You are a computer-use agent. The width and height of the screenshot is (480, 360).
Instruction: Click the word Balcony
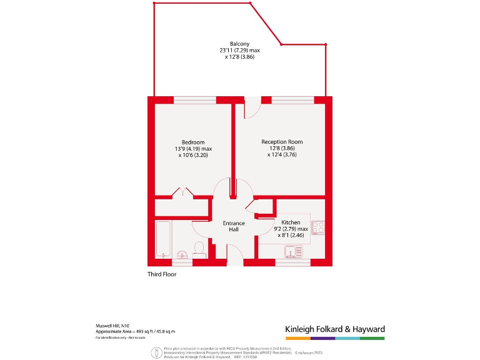pyautogui.click(x=240, y=44)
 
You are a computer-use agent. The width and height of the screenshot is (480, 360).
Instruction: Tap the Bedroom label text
pyautogui.click(x=193, y=142)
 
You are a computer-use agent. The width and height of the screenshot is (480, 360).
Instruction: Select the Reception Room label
pyautogui.click(x=282, y=142)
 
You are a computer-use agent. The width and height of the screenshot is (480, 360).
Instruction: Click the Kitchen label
pyautogui.click(x=291, y=222)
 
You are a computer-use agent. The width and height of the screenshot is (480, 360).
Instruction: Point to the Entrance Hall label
pyautogui.click(x=234, y=226)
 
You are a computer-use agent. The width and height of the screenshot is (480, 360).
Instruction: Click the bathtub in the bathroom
pyautogui.click(x=162, y=239)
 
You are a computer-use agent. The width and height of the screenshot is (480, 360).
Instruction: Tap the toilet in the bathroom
pyautogui.click(x=199, y=249)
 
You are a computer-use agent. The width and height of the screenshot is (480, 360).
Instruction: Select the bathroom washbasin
pyautogui.click(x=182, y=254)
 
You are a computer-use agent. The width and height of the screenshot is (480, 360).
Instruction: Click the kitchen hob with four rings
pyautogui.click(x=317, y=227)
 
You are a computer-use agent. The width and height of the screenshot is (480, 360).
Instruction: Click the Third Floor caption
pyautogui.click(x=162, y=274)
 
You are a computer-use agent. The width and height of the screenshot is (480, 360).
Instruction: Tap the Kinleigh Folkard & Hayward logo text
pyautogui.click(x=334, y=329)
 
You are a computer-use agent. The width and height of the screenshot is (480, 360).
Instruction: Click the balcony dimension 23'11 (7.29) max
pyautogui.click(x=240, y=50)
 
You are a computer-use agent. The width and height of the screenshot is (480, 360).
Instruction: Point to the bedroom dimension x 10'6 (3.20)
pyautogui.click(x=193, y=155)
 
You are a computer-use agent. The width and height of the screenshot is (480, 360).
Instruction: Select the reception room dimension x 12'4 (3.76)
pyautogui.click(x=282, y=155)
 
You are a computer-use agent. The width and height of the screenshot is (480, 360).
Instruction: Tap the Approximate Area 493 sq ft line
pyautogui.click(x=135, y=331)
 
